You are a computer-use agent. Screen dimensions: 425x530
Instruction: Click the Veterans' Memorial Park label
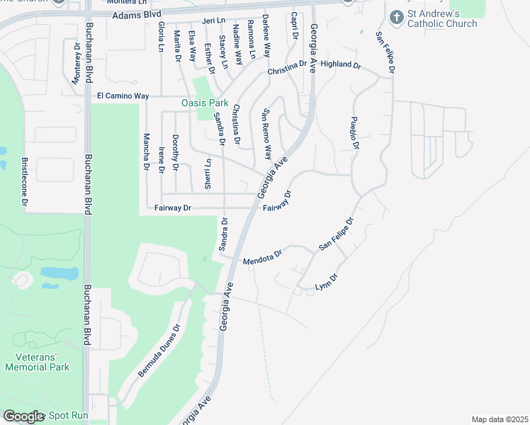point(38,362)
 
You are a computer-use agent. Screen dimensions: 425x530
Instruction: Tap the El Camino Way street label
point(123,96)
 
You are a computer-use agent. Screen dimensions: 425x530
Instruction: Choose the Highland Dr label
point(341,64)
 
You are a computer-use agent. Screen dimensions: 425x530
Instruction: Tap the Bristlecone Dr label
point(24,182)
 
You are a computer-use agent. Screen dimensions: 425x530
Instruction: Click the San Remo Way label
point(266,133)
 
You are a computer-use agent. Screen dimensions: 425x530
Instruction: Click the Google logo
point(24,416)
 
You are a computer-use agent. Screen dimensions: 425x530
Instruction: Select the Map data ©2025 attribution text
point(499,419)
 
